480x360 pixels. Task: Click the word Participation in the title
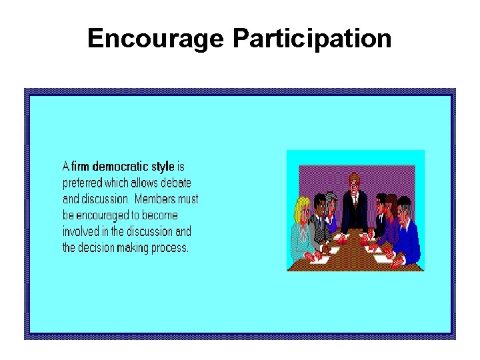tap(311, 39)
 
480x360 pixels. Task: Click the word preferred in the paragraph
tap(81, 183)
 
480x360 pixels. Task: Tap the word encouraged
tap(107, 215)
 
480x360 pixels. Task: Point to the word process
tap(172, 248)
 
